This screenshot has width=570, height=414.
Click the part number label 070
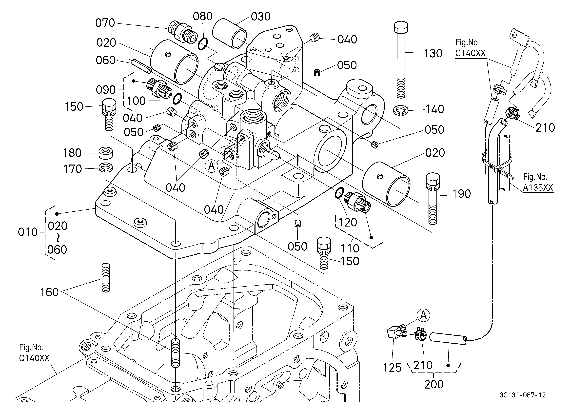point(105,23)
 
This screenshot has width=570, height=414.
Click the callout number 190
point(461,194)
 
